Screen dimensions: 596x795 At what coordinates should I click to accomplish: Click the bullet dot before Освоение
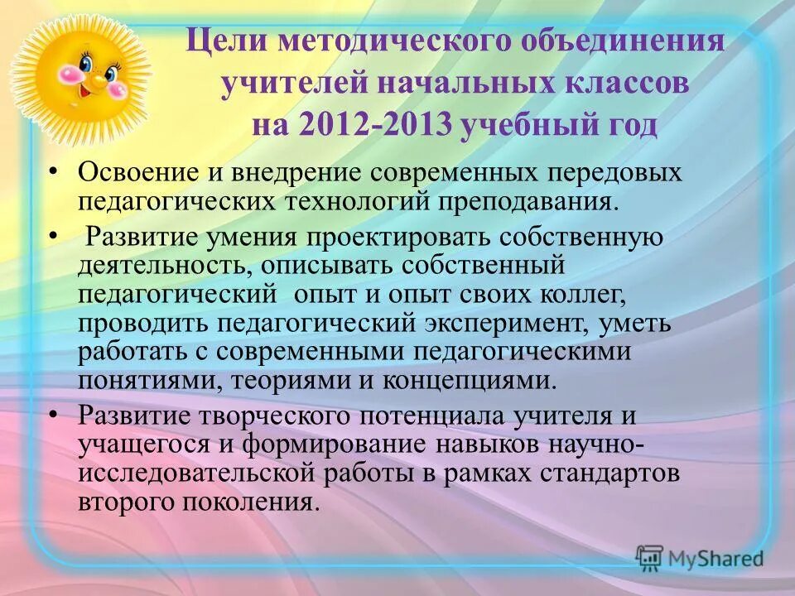[x=54, y=171]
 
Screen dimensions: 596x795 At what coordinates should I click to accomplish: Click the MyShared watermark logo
[x=700, y=557]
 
